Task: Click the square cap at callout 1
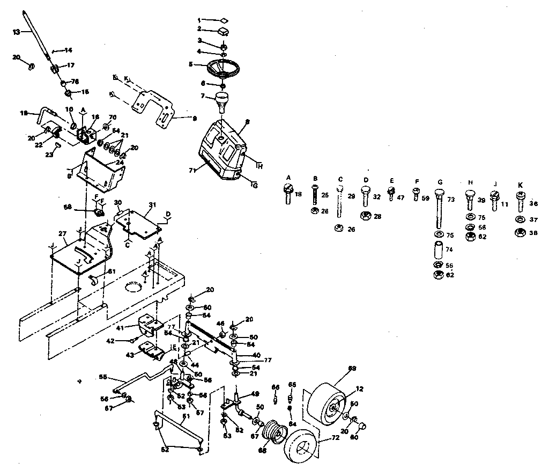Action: tap(224, 20)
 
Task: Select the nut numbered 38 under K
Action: tap(520, 233)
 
